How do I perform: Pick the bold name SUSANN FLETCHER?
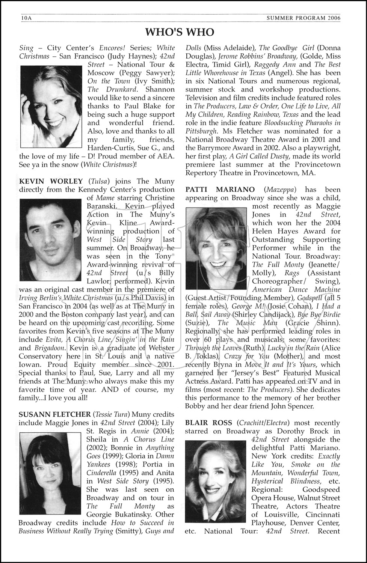coord(54,414)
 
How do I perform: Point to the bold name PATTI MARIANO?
coord(220,190)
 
